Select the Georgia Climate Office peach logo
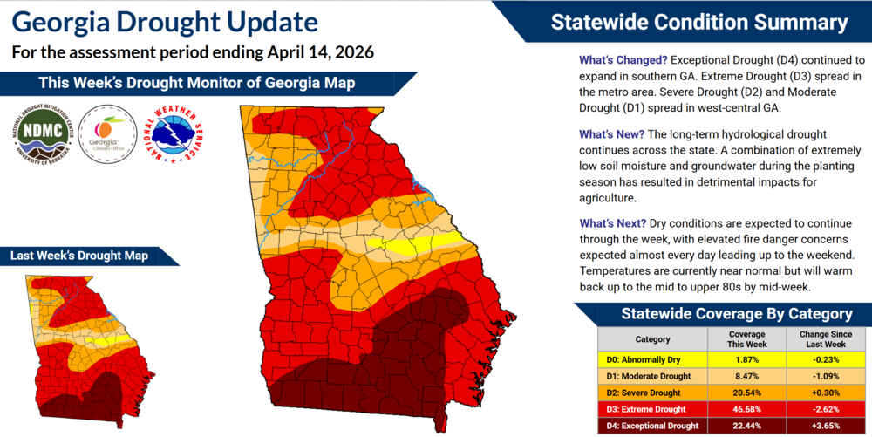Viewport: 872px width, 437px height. coord(106,135)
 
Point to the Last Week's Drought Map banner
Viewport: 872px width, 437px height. coord(79,256)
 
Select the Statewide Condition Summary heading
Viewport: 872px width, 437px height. coord(698,22)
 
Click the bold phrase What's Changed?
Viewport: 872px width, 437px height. coord(623,60)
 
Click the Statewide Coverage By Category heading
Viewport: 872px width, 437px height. coord(723,314)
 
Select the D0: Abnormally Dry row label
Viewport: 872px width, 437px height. coord(646,359)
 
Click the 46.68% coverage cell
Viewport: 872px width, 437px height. coord(746,409)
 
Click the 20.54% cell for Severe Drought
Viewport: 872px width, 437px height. coord(746,393)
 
